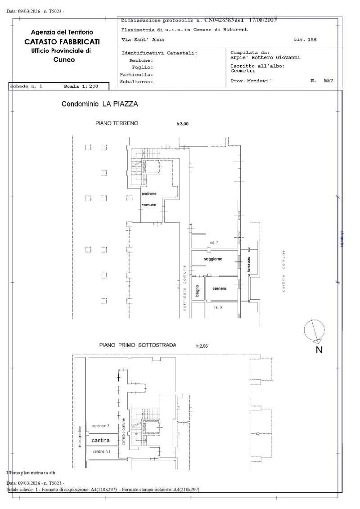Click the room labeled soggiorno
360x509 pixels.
212,259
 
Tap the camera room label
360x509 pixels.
219,288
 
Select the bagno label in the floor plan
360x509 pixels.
197,291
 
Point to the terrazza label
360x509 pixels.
248,263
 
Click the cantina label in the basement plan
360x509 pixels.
102,440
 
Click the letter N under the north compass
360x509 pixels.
319,350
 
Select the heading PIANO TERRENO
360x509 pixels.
117,123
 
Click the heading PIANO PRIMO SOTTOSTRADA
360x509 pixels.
138,345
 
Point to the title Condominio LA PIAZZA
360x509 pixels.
99,104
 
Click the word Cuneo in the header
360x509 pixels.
64,59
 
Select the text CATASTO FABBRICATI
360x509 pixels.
62,41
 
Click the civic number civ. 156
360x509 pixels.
305,40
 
